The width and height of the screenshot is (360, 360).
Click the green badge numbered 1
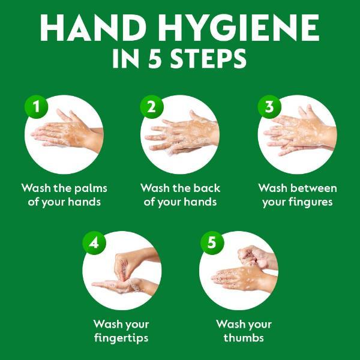click(37, 107)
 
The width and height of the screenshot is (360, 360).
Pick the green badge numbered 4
click(94, 243)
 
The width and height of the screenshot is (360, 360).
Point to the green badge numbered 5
click(211, 243)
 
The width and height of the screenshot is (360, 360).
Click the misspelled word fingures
click(310, 202)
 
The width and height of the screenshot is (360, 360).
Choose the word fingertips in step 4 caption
click(121, 338)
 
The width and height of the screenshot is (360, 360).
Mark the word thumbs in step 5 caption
click(244, 338)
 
